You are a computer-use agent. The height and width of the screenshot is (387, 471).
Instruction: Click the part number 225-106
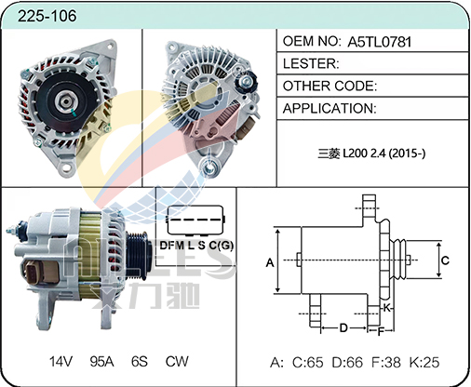47,16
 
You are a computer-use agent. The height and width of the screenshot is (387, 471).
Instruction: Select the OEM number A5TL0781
379,42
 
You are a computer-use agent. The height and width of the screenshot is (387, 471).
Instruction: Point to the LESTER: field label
311,63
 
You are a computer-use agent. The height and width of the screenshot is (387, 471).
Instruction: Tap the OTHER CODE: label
330,86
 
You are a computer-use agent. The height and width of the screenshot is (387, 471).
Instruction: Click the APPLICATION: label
330,109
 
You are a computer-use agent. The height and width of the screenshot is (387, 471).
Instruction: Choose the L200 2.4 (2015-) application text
384,153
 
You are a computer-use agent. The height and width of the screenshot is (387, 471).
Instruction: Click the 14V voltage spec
61,362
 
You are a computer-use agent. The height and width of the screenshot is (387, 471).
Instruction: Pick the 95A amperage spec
101,362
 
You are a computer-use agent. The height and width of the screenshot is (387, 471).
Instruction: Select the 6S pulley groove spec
140,362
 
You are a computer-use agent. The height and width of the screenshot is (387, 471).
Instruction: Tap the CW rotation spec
177,362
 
